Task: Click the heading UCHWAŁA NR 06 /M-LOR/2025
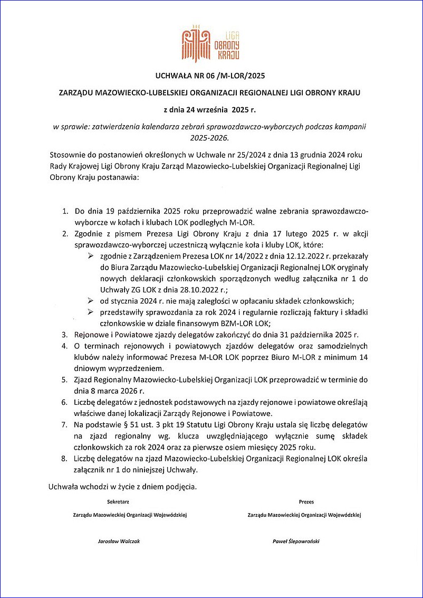tap(211, 75)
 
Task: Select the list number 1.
tap(65, 212)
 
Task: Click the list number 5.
tap(65, 379)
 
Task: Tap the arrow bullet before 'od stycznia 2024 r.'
tap(91, 300)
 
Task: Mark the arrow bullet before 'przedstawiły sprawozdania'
tap(91, 312)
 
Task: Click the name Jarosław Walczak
tap(119, 542)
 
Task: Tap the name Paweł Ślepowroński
tap(296, 542)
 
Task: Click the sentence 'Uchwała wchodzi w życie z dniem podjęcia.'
tap(122, 485)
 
